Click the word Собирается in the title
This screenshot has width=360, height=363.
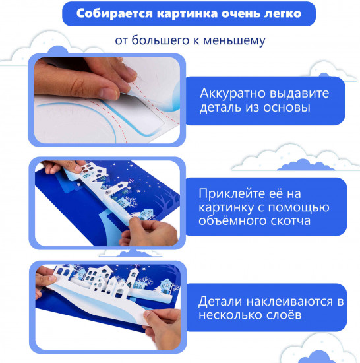[x=115, y=13]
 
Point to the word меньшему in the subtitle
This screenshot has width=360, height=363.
[x=234, y=41]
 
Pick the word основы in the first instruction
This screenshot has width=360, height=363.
[x=286, y=108]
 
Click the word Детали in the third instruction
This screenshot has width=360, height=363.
[x=220, y=302]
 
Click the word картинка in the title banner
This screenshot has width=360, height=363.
[x=187, y=14]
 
